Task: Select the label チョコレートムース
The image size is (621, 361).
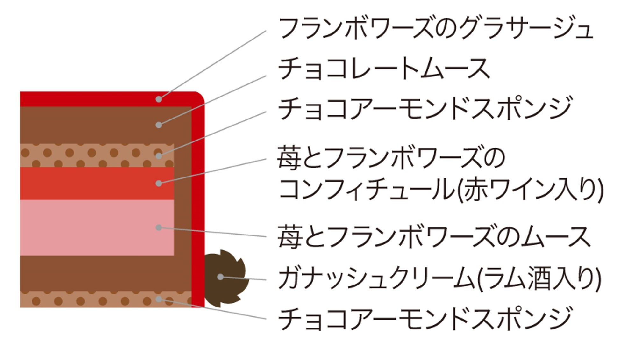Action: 384,68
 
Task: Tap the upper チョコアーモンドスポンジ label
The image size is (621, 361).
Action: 425,108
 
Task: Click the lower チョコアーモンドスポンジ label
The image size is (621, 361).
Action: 425,319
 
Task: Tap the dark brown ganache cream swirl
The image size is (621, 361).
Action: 225,279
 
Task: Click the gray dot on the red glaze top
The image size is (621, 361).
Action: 159,99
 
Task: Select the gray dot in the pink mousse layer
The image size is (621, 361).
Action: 159,227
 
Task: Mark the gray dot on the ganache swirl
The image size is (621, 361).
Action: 220,277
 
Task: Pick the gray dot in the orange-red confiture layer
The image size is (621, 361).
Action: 159,184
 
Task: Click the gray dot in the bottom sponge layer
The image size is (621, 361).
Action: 159,299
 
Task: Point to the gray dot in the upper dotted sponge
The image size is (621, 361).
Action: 159,156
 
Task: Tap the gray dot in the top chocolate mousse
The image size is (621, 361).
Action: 159,125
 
